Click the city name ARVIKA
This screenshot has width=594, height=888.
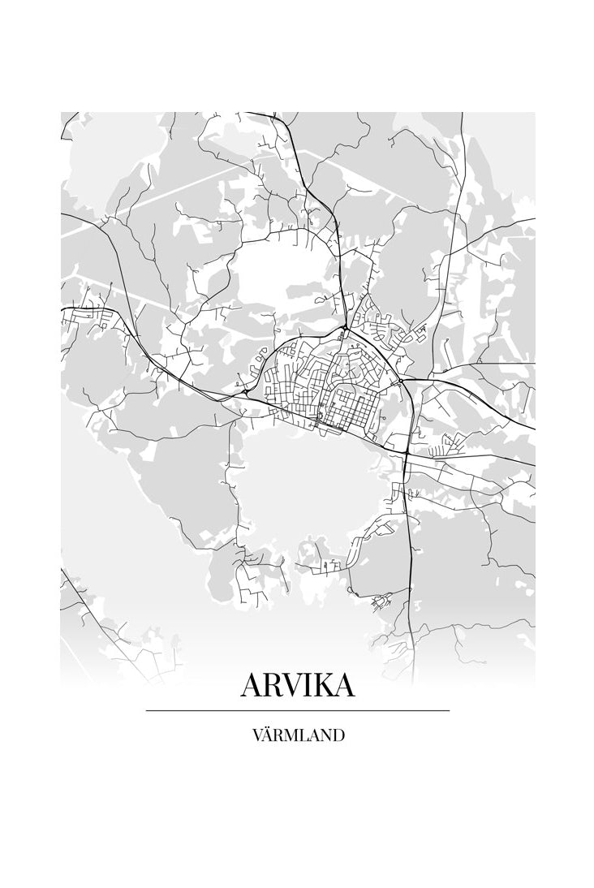pos(297,686)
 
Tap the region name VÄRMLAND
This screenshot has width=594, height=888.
pos(298,735)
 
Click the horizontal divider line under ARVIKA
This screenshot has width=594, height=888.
pos(297,711)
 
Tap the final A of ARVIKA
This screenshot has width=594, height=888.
pos(344,686)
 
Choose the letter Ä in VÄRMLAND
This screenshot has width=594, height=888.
pos(269,735)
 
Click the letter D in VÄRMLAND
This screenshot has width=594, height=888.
pos(338,735)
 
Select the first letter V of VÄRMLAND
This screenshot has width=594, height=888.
pos(257,735)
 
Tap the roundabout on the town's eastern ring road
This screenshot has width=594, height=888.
pos(401,381)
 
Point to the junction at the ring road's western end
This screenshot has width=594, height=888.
pos(245,392)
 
